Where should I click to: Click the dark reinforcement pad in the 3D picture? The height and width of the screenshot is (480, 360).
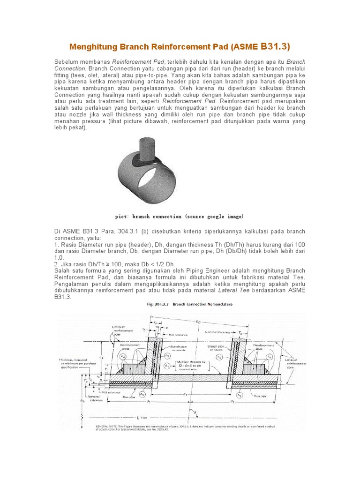point(149,162)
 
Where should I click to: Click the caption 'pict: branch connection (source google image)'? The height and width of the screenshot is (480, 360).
point(180,217)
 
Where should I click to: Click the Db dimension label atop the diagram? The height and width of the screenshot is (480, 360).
point(198,322)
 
